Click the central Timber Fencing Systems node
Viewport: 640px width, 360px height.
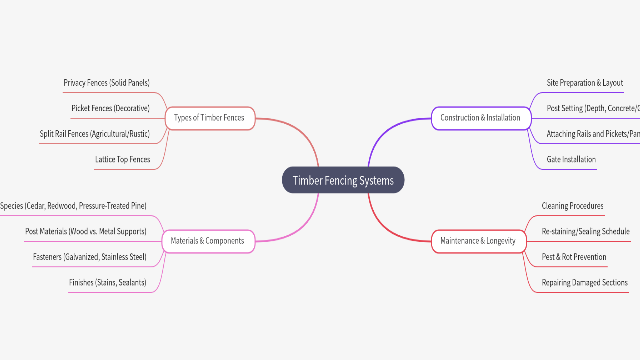coord(343,180)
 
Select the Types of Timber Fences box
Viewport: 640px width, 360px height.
coord(209,118)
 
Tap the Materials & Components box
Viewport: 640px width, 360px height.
coord(208,241)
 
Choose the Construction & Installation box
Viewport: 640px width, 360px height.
coord(480,118)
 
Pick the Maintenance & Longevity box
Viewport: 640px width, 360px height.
coord(478,241)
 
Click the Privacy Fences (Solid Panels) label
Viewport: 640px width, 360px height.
coord(107,83)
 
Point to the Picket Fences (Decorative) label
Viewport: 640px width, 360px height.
coord(110,108)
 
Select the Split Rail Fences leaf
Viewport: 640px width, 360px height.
coord(95,134)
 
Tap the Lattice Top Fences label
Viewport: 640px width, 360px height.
coord(122,159)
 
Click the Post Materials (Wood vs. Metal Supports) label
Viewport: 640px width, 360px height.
coord(86,231)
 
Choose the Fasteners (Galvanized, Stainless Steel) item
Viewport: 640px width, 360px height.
coord(90,257)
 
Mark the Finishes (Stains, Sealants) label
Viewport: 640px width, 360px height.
coord(108,282)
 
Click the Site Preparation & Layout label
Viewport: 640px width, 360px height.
coord(585,83)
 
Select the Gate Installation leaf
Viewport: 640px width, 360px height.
coord(571,159)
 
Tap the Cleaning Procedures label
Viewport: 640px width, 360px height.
coord(572,206)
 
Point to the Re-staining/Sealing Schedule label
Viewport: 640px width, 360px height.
coord(586,231)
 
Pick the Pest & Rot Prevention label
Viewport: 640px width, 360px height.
coord(574,257)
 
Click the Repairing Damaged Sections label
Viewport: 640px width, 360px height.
coord(585,282)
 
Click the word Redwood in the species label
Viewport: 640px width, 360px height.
coord(62,206)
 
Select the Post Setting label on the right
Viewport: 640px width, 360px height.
coord(593,108)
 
